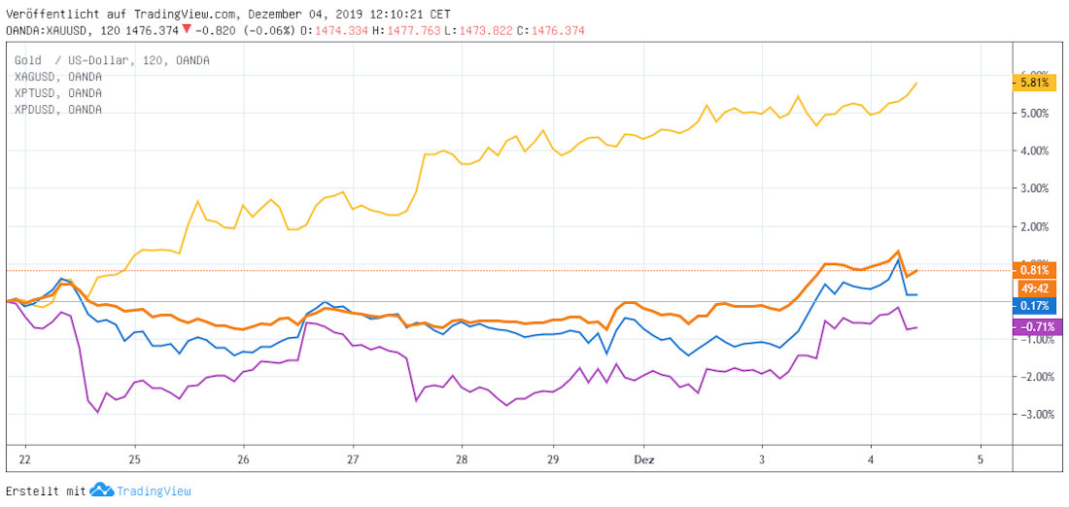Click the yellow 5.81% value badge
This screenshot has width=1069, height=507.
click(1033, 84)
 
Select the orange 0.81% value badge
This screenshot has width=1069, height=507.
click(1032, 270)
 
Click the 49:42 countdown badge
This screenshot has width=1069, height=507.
click(1032, 287)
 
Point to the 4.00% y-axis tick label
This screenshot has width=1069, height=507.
click(1034, 151)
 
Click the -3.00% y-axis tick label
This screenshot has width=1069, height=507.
click(1033, 415)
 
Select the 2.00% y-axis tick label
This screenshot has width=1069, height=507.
click(1034, 226)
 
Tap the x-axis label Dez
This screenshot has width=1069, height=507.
click(644, 458)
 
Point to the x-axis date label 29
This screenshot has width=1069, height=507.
click(553, 458)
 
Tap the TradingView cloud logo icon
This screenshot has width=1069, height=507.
click(102, 490)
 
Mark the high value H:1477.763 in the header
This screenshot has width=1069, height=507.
click(401, 30)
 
